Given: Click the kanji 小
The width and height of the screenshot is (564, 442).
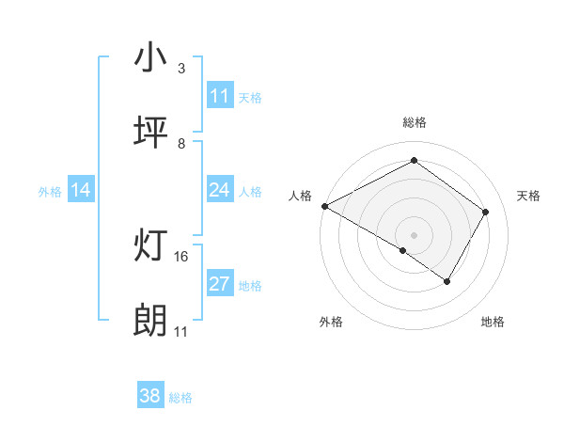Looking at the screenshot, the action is pos(150,57).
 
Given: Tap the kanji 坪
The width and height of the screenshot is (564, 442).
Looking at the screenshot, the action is pos(150,133).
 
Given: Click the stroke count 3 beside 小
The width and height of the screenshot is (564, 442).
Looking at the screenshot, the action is pos(180,68).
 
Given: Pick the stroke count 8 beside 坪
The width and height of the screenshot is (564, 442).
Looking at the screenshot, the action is pos(180,143).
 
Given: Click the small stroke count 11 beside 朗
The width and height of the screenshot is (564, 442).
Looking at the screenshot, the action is pos(181,332).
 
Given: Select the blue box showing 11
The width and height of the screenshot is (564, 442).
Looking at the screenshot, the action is pos(220,96).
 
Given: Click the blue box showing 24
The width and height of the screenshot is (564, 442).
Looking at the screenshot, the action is pos(220,190).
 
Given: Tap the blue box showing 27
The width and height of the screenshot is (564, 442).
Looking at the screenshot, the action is pos(220,284).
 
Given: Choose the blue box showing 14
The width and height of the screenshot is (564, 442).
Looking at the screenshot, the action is pos(81,190).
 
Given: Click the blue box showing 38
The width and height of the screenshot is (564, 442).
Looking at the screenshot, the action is pos(150,396).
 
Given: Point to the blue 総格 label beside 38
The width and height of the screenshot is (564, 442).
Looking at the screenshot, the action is pos(180,398).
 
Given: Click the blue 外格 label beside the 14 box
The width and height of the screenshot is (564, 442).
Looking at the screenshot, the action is pos(50,192).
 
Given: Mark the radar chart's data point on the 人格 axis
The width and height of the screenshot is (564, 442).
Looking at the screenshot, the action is pos(324,206).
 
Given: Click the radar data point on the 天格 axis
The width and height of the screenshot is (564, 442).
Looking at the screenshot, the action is pos(485,212).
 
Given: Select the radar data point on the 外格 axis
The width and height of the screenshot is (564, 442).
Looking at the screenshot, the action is pos(403,250).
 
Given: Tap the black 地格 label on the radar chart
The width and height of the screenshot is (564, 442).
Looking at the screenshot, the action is pos(493,322).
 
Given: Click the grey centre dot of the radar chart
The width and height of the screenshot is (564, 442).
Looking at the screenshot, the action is pos(414,234).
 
